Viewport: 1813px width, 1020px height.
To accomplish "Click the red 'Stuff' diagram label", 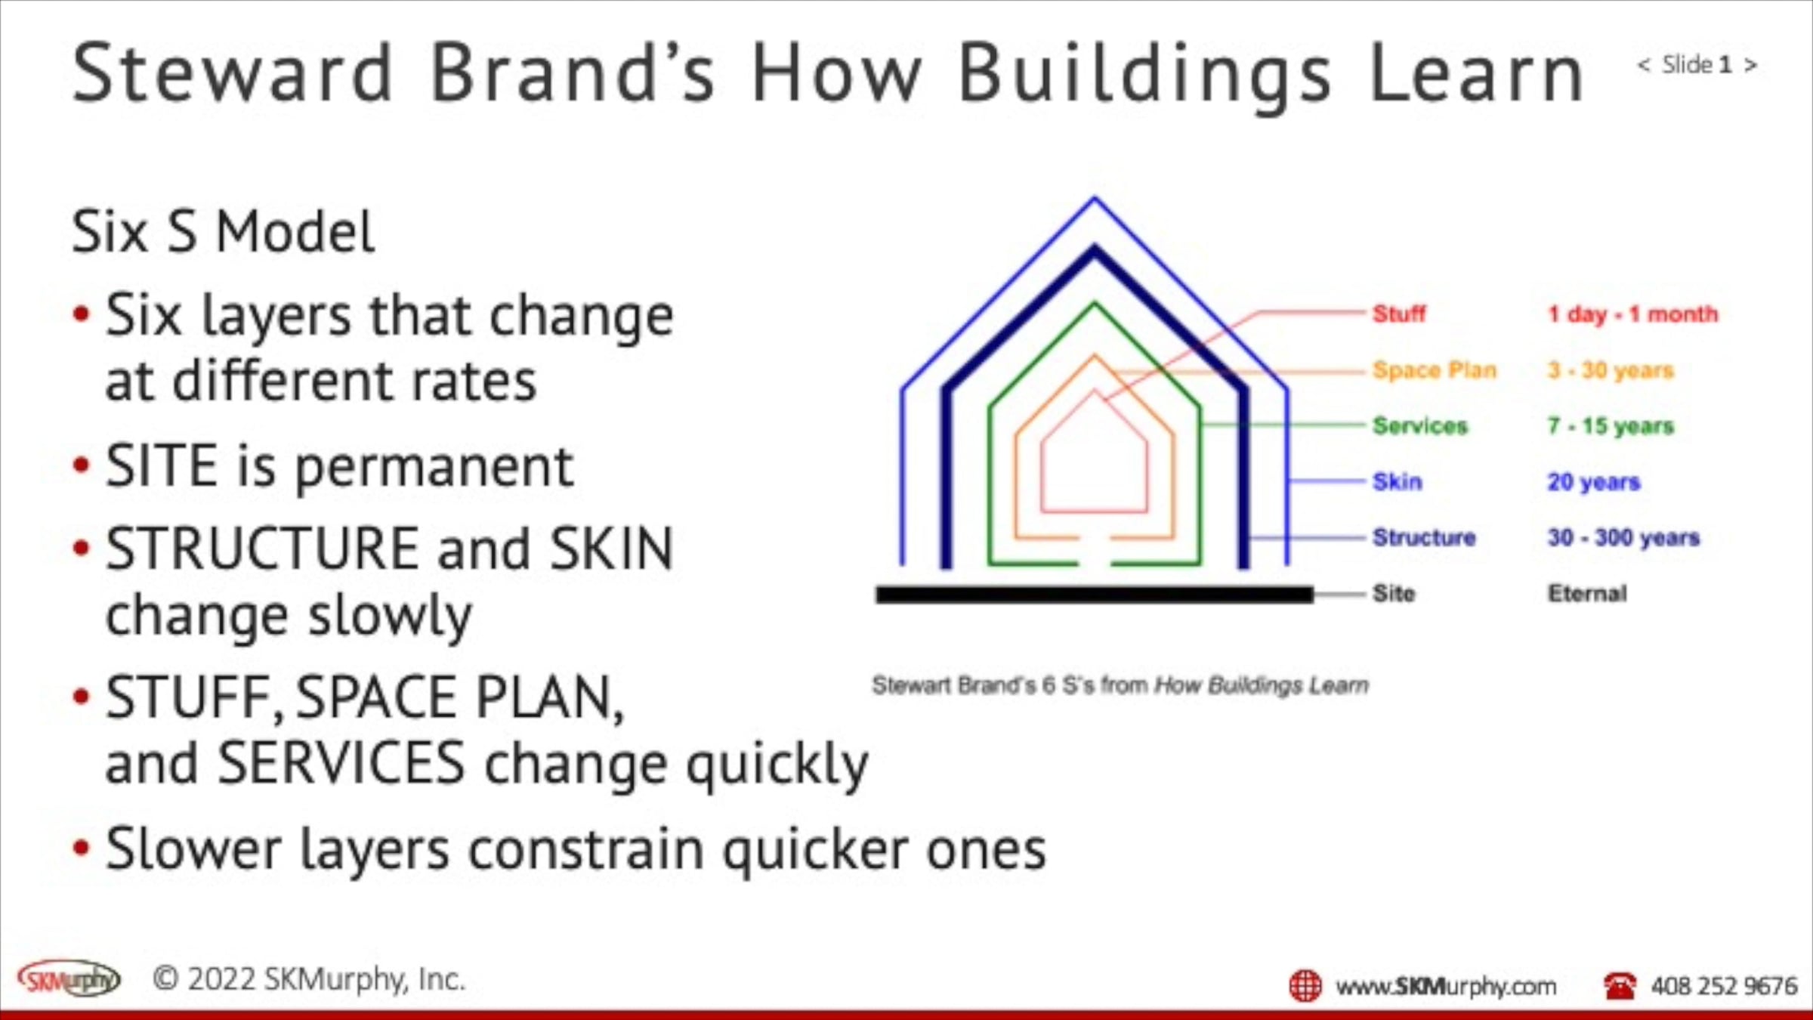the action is coord(1399,314).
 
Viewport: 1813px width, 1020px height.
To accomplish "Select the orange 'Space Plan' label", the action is coord(1435,370).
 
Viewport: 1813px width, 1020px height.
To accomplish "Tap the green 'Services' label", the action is coord(1420,426).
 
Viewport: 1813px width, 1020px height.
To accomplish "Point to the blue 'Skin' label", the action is coord(1398,481).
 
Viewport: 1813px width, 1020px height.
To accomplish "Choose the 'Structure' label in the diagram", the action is coord(1424,537).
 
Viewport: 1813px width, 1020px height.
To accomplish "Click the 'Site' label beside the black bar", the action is coord(1394,593).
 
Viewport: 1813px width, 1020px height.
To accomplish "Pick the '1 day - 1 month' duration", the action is coord(1632,314).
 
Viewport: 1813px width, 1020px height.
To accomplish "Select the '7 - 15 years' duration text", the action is coord(1611,426).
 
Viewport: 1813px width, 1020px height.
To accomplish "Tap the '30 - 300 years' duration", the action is coord(1623,537).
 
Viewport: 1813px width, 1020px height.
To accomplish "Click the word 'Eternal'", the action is coord(1587,593).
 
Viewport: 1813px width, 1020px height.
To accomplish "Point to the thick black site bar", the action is coord(1095,595).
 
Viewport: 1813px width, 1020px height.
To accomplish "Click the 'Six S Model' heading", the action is coord(223,231).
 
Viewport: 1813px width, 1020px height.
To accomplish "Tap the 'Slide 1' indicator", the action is coord(1697,65).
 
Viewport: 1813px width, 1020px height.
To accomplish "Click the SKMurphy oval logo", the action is coord(69,979).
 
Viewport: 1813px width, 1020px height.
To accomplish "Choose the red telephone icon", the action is coord(1619,985).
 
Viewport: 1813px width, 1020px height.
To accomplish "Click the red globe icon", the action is coord(1305,986).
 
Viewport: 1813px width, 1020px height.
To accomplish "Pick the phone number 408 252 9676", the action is coord(1724,986).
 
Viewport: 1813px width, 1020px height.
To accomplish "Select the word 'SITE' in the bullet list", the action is coord(162,466).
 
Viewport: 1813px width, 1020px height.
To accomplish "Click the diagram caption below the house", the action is coord(1120,685).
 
